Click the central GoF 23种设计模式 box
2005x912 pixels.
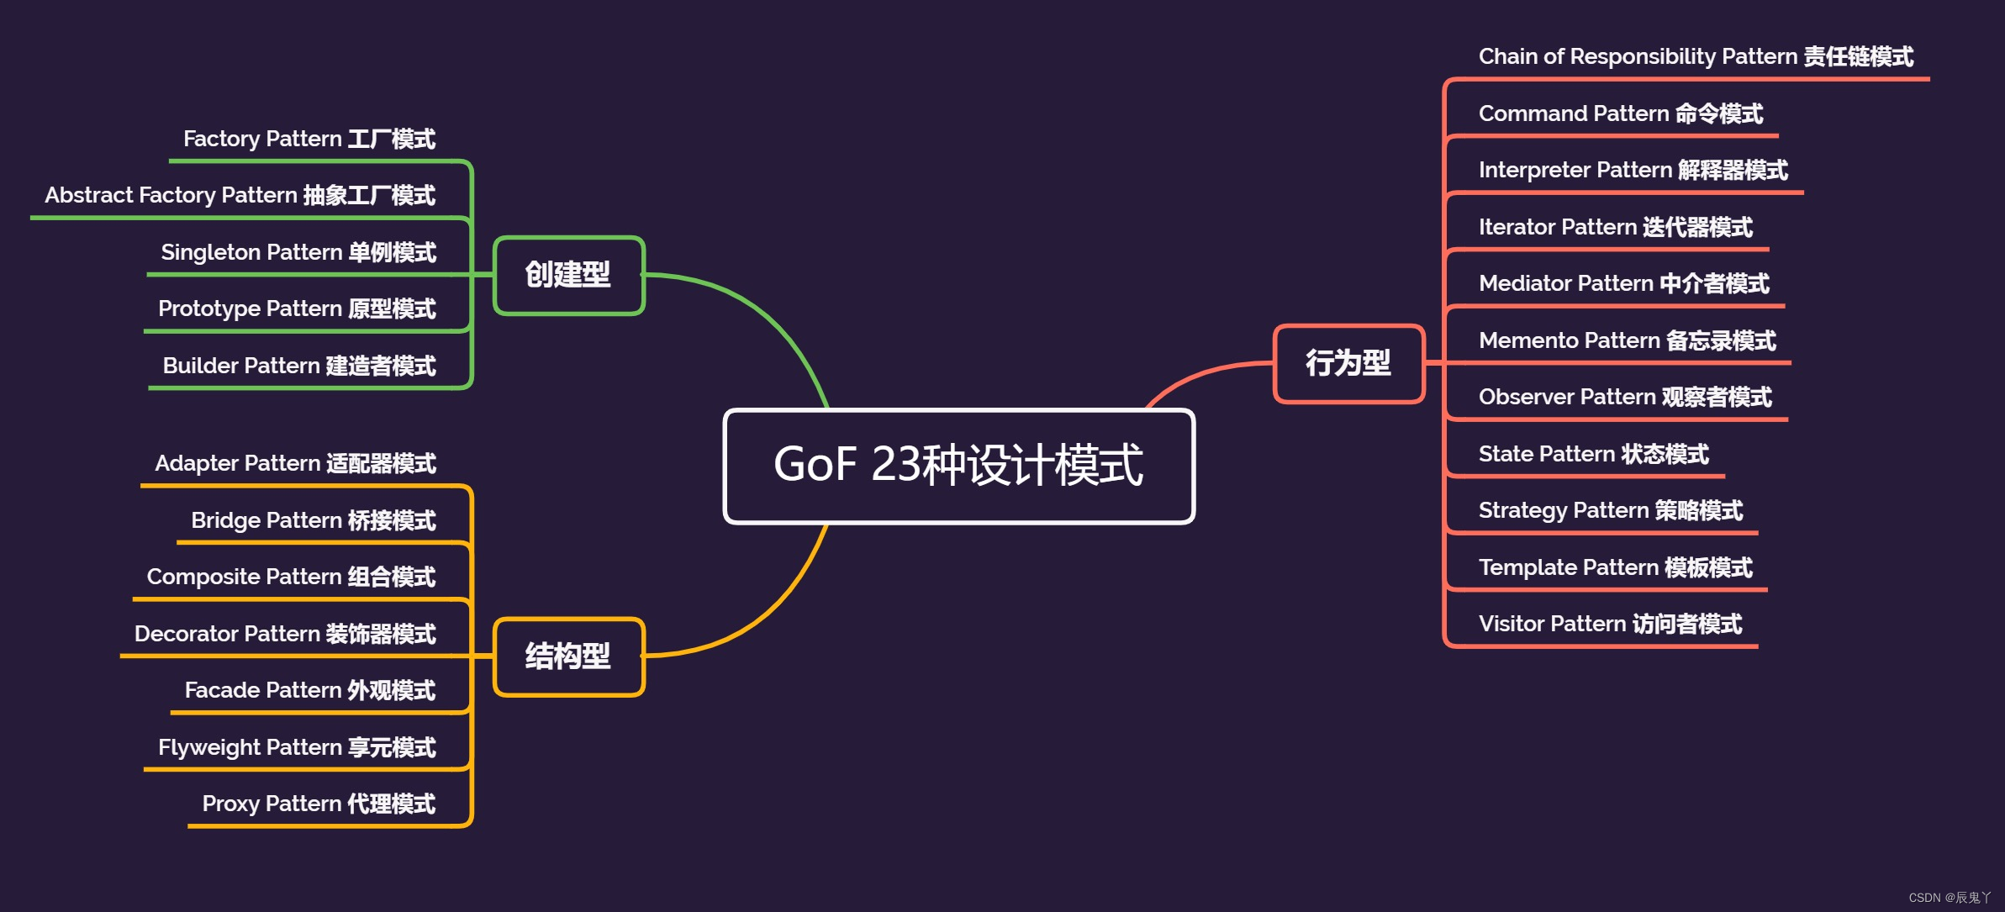coord(958,466)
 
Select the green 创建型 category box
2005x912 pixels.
coord(568,275)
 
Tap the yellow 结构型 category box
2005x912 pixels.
coord(568,656)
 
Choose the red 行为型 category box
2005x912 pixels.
coord(1348,363)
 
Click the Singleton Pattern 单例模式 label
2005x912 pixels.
coord(298,252)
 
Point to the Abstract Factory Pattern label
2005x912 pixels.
coord(240,195)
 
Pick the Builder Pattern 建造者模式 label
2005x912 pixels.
coord(299,366)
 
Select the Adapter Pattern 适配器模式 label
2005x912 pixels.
coord(295,463)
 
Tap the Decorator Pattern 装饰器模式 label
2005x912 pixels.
coord(285,634)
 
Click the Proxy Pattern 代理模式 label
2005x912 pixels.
coord(319,804)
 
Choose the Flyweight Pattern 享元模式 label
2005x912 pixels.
coord(297,747)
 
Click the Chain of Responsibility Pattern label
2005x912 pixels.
coord(1696,56)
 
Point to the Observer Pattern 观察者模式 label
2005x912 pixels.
coord(1624,397)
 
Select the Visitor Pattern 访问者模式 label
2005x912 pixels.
coord(1610,624)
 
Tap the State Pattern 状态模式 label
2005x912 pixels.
coord(1593,454)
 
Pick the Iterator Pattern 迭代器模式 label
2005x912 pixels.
coord(1615,227)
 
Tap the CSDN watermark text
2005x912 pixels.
coord(1950,898)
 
